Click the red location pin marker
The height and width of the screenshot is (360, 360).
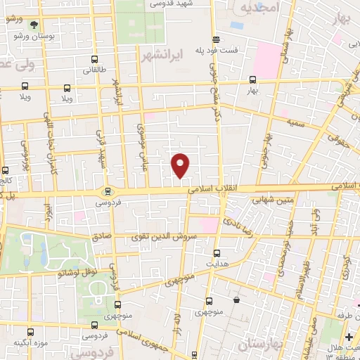[181, 165]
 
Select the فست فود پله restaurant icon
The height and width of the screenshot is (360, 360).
[216, 39]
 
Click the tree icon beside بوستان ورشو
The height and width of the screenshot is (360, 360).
[34, 25]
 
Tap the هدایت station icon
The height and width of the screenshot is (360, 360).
[217, 252]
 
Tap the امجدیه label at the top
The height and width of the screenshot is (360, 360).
[259, 7]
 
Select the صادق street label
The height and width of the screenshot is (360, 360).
[102, 237]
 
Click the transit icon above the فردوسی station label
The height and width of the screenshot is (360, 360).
[108, 191]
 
